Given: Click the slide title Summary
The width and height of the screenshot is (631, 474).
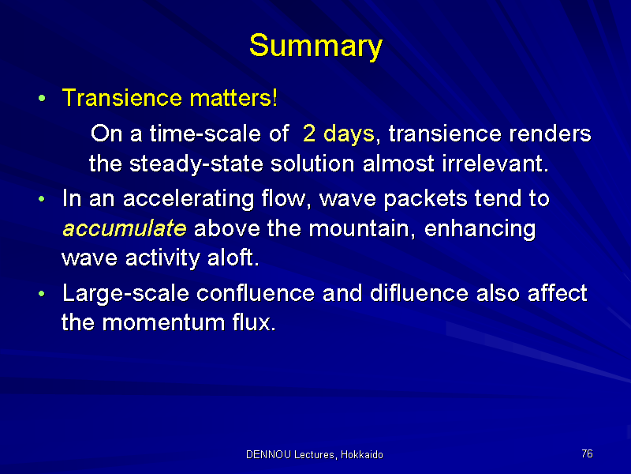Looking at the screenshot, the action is (x=316, y=47).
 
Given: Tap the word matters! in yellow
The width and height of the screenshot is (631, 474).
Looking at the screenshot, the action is (x=233, y=98).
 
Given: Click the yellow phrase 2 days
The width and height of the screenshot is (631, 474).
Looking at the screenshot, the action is (x=338, y=134).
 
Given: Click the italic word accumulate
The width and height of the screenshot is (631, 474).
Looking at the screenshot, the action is (x=125, y=228).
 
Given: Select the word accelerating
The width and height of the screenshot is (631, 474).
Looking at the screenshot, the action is (x=189, y=199).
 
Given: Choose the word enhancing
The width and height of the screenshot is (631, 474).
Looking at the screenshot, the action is (x=480, y=229).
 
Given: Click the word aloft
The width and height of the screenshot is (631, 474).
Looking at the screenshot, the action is (x=233, y=258).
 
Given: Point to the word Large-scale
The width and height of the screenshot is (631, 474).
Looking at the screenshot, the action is (x=126, y=294).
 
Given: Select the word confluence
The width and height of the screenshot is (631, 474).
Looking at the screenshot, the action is (x=256, y=292).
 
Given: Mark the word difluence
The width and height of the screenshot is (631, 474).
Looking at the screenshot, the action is (x=419, y=292).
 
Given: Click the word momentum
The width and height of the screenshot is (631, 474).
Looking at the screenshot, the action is (x=163, y=323).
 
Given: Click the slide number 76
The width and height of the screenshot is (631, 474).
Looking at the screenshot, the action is (x=587, y=453).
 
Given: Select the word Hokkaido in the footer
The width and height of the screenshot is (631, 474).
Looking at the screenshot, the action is (x=362, y=455).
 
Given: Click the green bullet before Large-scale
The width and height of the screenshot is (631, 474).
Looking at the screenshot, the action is (x=42, y=294).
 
